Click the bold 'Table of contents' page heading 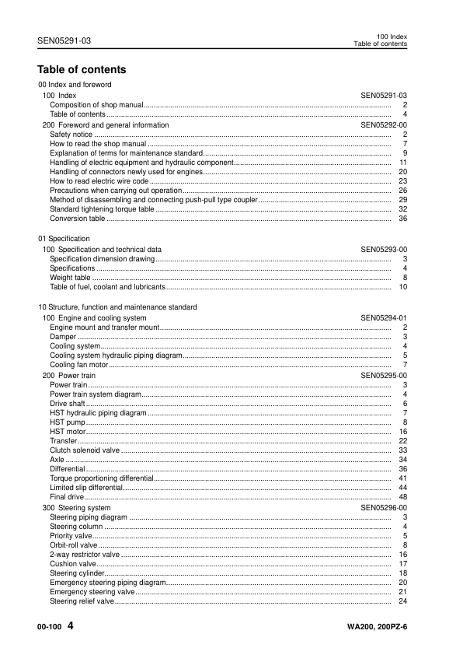[82, 70]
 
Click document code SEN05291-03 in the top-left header [64, 40]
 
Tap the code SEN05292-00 [384, 124]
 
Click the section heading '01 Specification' [64, 238]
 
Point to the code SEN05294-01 [384, 318]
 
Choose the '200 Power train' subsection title [69, 375]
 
